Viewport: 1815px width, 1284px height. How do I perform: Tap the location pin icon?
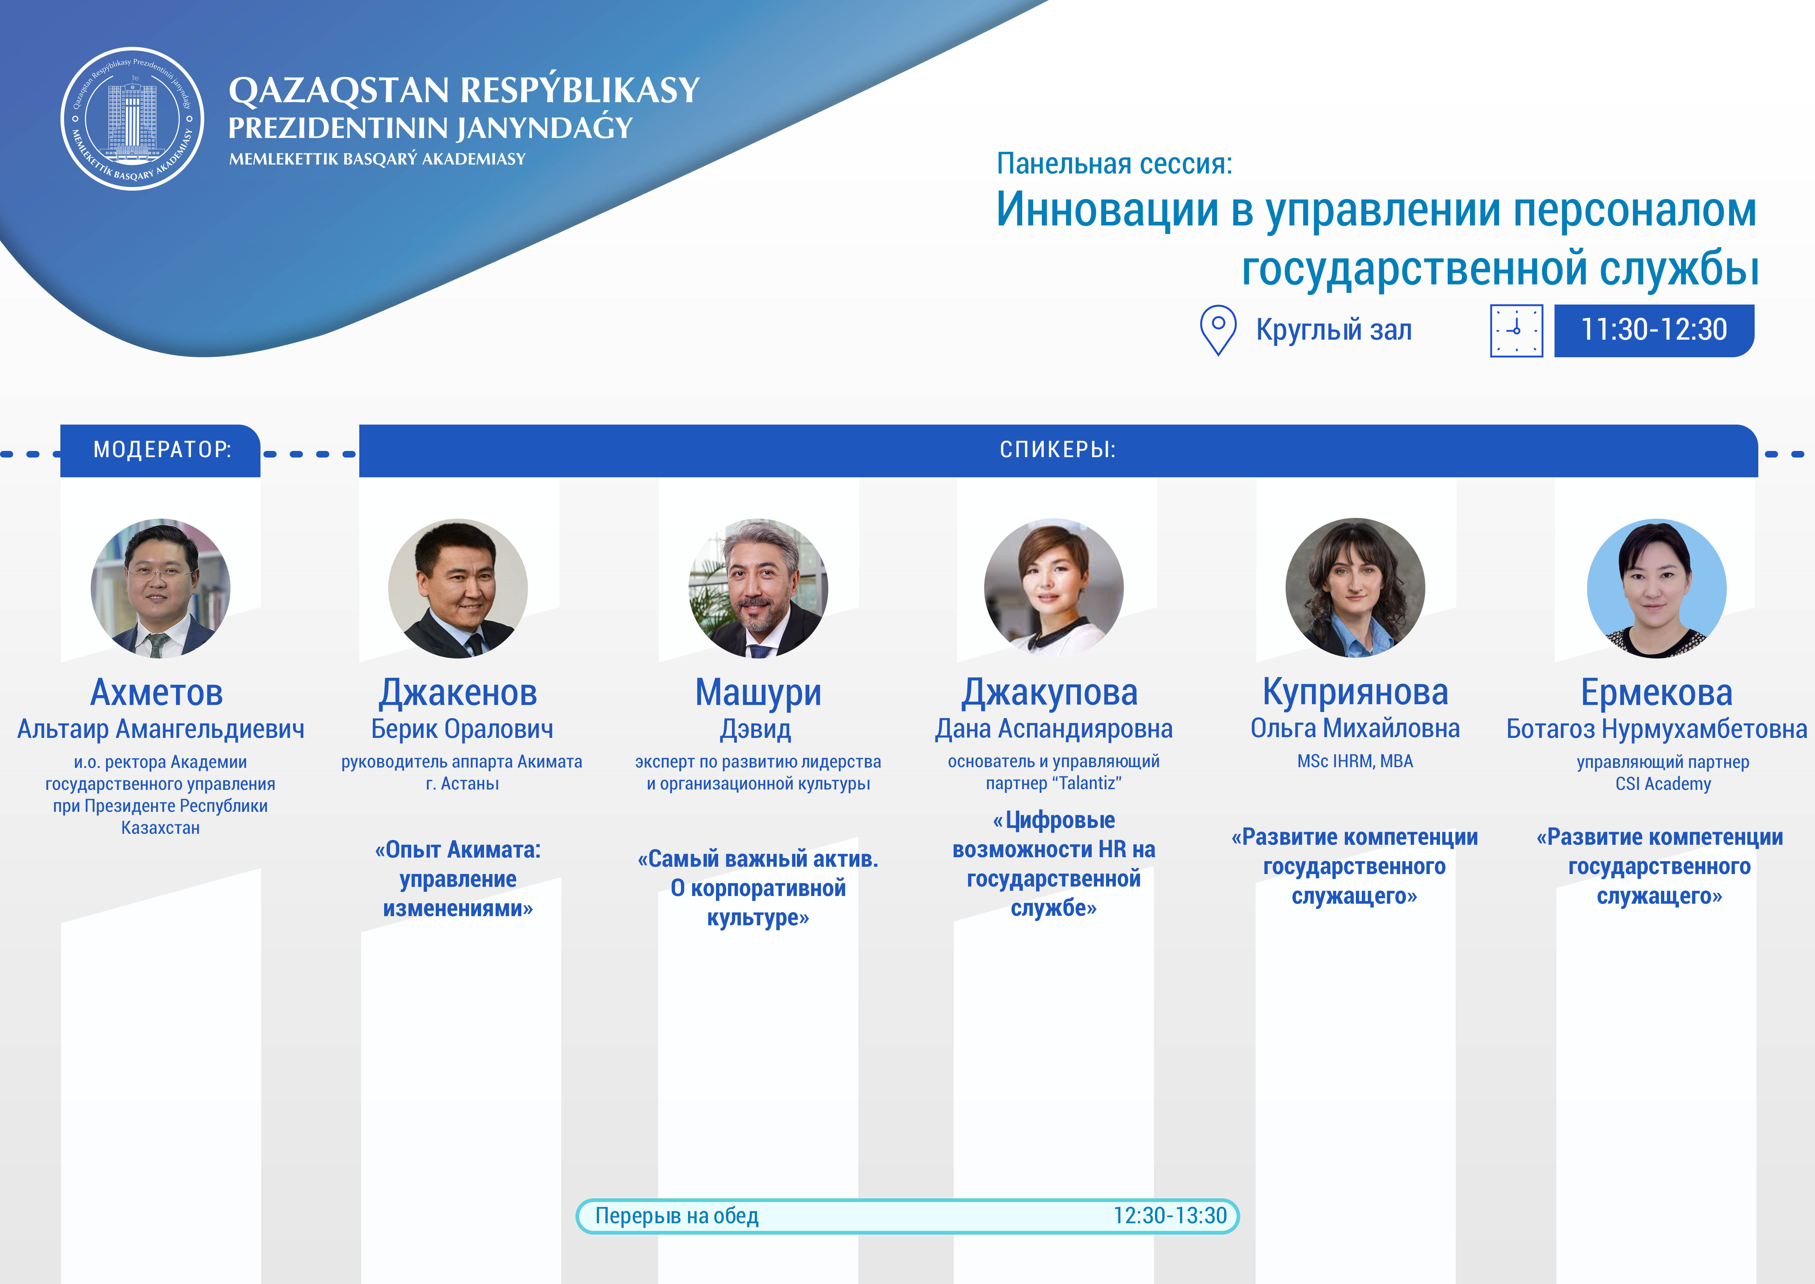click(1218, 330)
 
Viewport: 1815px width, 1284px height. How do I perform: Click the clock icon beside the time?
click(1516, 331)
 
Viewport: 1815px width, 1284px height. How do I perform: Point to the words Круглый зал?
click(1334, 330)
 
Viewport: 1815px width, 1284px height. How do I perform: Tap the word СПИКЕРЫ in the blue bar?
click(1058, 450)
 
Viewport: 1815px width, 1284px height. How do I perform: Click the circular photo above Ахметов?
click(161, 588)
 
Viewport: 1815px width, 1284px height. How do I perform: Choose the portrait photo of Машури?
click(759, 588)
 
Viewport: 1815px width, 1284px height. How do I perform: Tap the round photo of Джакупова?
click(1054, 588)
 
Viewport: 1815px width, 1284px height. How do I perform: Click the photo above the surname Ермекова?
click(1657, 588)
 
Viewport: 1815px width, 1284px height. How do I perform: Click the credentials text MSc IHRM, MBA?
click(1355, 761)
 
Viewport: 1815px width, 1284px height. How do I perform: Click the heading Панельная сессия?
click(1115, 164)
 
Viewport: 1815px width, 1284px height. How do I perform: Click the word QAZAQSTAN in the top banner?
click(339, 90)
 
